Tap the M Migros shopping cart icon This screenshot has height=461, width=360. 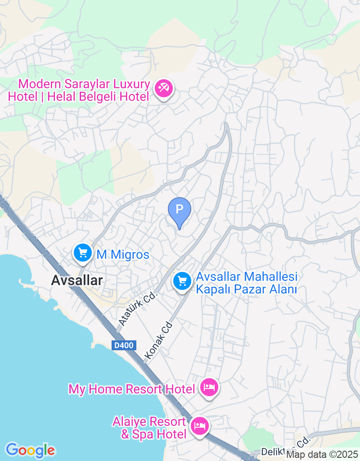click(82, 253)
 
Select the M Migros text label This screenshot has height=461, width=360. click(123, 255)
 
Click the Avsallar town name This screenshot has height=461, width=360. click(77, 280)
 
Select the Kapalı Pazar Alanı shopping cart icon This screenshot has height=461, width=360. click(182, 282)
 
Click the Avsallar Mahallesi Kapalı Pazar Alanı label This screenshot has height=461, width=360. click(247, 283)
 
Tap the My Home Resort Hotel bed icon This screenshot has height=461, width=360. click(209, 387)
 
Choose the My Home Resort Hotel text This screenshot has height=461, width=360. click(131, 389)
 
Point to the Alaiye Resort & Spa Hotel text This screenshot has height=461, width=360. click(149, 428)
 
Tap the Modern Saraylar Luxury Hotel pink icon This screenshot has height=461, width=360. click(162, 88)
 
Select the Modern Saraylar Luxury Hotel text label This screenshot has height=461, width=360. click(79, 90)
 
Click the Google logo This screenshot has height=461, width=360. click(30, 450)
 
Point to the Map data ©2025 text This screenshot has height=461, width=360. click(322, 455)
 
